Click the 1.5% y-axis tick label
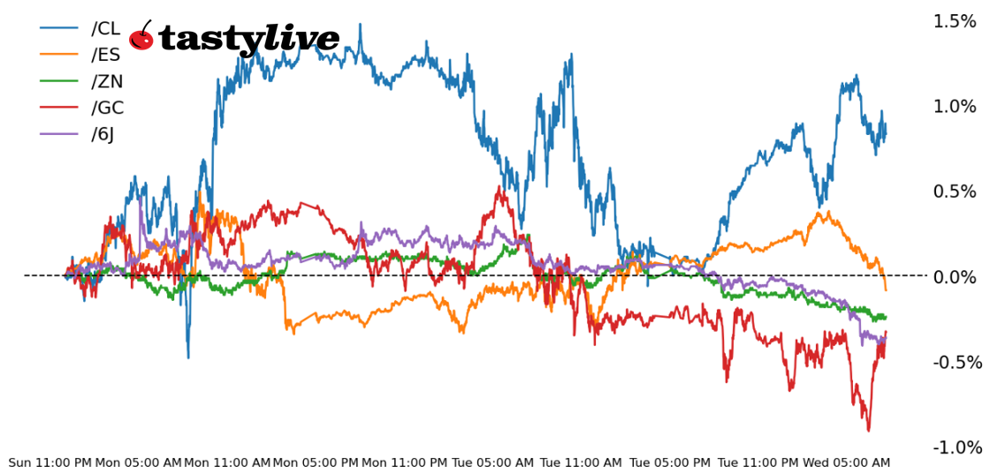coord(955,21)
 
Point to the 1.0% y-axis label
coord(955,107)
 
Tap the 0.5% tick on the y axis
coord(955,192)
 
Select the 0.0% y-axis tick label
coord(955,277)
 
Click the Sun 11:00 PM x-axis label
coord(50,463)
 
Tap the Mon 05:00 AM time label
coord(139,463)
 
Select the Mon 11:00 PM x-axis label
coord(405,463)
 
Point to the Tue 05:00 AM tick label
coord(493,463)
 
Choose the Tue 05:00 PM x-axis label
coord(670,463)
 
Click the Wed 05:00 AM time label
coord(847,463)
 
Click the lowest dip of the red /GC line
coord(868,431)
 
